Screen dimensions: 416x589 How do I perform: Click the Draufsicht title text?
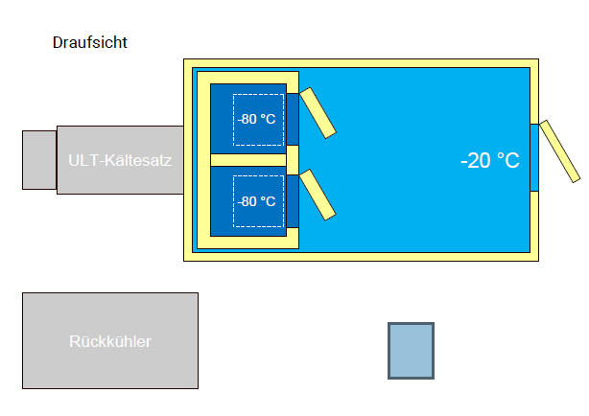point(90,42)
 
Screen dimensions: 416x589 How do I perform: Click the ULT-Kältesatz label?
point(120,160)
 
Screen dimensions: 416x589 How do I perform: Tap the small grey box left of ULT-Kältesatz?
point(39,159)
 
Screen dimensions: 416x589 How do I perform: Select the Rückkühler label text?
point(109,341)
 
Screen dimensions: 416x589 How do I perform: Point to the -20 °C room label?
point(489,161)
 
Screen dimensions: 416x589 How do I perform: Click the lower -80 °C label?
point(257,202)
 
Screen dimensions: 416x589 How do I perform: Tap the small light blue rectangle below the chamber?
point(411,350)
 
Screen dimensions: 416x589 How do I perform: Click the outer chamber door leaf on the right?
point(559,150)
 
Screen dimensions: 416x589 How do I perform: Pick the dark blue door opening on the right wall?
point(534,157)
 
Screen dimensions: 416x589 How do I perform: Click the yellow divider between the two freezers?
point(247,160)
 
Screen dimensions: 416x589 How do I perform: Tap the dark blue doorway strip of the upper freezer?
point(293,118)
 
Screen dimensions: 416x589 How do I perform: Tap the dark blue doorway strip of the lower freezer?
point(293,199)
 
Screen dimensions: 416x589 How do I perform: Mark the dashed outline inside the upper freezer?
point(258,96)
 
